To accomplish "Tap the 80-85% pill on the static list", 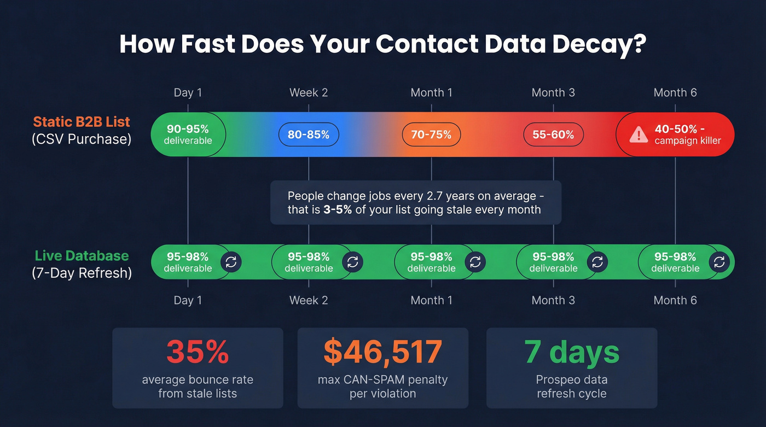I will pyautogui.click(x=309, y=134).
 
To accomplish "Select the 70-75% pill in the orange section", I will pyautogui.click(x=431, y=134).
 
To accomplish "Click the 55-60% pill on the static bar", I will pyautogui.click(x=553, y=134).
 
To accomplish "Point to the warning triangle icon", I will pyautogui.click(x=638, y=134).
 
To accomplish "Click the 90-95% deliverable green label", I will pyautogui.click(x=188, y=134).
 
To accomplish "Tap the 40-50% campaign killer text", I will pyautogui.click(x=687, y=134).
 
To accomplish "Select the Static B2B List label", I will pyautogui.click(x=82, y=121).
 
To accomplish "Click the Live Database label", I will pyautogui.click(x=82, y=256).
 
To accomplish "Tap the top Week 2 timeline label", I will pyautogui.click(x=309, y=92).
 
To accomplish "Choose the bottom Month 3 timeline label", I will pyautogui.click(x=553, y=300).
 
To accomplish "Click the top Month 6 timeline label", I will pyautogui.click(x=675, y=92).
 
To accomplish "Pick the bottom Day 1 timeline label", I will pyautogui.click(x=188, y=300).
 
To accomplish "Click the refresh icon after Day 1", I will pyautogui.click(x=231, y=262).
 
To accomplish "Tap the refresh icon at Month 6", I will pyautogui.click(x=719, y=262).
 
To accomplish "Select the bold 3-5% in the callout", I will pyautogui.click(x=338, y=209).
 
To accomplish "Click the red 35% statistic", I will pyautogui.click(x=198, y=352).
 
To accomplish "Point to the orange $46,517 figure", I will pyautogui.click(x=382, y=352).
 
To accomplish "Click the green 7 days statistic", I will pyautogui.click(x=572, y=352).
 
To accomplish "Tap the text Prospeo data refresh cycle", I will pyautogui.click(x=572, y=387).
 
